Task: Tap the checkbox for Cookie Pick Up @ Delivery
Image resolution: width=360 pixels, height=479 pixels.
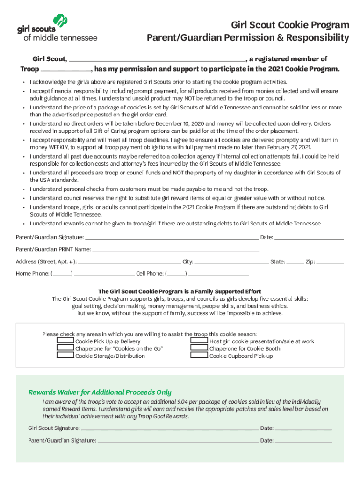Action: [x=65, y=341]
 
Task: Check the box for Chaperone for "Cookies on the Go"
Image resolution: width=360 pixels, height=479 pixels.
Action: [x=65, y=348]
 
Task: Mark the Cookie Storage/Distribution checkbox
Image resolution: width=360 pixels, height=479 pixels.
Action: [x=65, y=356]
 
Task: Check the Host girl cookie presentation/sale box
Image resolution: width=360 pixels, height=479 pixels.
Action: [x=199, y=341]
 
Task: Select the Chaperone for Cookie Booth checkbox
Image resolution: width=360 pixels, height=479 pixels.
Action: [x=199, y=348]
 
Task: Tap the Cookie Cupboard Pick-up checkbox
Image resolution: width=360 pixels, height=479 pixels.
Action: [x=199, y=356]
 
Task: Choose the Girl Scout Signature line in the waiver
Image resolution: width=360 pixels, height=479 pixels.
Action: [x=170, y=428]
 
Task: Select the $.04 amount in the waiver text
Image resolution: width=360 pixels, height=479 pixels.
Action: [x=183, y=402]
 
